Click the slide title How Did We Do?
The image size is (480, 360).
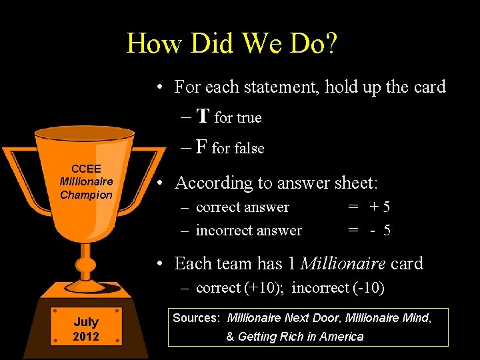pos(232,44)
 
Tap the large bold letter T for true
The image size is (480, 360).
pos(203,117)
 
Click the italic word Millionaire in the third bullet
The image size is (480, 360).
pos(343,263)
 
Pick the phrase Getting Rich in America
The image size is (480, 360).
pos(301,337)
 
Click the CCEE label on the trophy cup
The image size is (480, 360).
pos(86,169)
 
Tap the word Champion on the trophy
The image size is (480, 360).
pos(86,195)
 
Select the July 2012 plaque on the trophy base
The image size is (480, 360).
pos(86,329)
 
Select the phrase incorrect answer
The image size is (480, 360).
pos(249,231)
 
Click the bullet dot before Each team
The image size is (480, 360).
pos(161,264)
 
